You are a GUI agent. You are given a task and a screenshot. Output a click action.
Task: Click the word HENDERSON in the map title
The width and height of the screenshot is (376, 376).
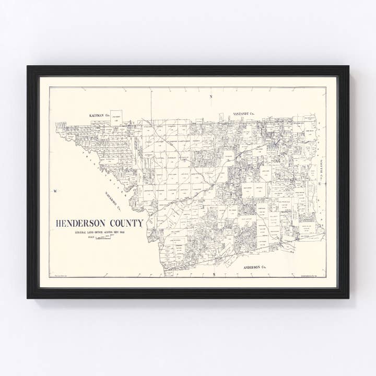point(80,224)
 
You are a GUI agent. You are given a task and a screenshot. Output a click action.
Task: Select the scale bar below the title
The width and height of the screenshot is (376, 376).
point(104,237)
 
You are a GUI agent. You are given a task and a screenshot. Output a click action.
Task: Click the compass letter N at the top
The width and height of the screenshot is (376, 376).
point(211,97)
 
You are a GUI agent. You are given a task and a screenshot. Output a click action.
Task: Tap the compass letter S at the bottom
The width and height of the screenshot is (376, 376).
point(214,274)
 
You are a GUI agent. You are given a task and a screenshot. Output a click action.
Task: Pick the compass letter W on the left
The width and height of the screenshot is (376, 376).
point(54,191)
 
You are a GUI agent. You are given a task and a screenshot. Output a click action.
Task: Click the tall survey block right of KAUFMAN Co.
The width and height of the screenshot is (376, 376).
point(116,117)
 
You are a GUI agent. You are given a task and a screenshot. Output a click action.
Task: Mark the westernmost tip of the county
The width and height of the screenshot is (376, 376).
point(56,125)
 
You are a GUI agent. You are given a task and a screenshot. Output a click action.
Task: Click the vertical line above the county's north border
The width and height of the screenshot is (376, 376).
point(152,104)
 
